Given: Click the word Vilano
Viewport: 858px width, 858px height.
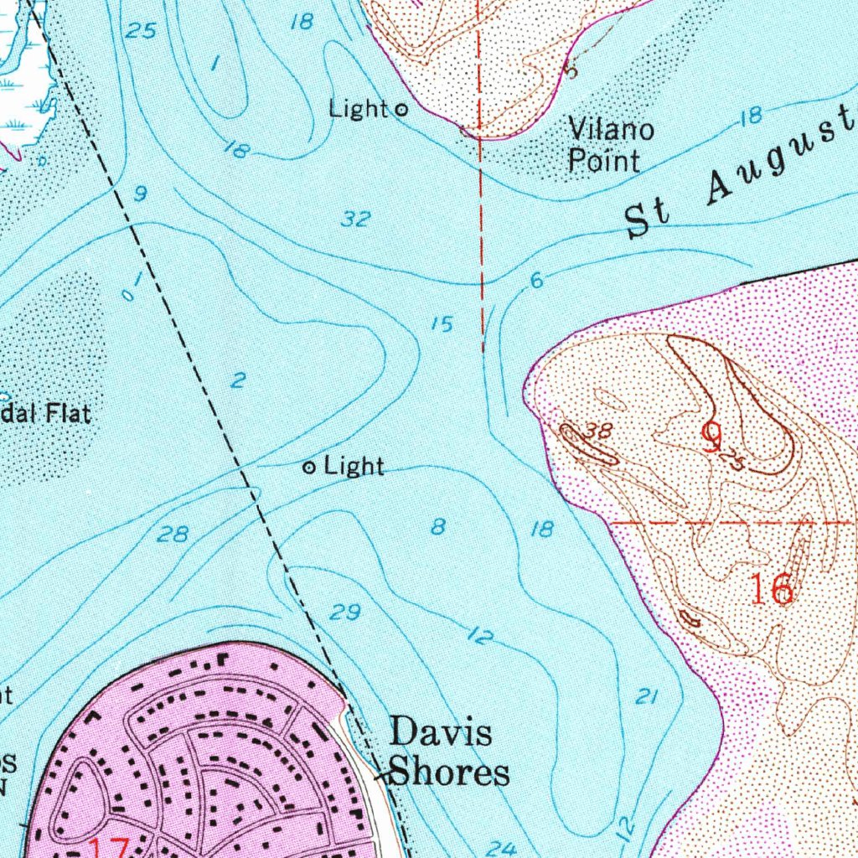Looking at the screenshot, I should [x=612, y=131].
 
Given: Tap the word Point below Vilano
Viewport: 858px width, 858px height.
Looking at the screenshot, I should [x=604, y=160].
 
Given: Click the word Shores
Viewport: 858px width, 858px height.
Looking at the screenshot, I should [x=450, y=772].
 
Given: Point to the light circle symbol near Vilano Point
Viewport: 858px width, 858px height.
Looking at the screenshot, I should [x=401, y=109].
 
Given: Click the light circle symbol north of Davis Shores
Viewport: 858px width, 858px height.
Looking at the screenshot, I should [x=309, y=468].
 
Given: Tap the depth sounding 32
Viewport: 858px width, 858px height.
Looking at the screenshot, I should [x=356, y=220].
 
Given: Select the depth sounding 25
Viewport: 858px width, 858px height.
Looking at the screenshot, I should [x=141, y=32].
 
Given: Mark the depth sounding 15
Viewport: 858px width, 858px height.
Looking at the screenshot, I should [x=442, y=324].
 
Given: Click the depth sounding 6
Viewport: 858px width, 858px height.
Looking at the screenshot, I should [x=537, y=282].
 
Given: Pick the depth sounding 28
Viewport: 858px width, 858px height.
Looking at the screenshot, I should [x=173, y=534].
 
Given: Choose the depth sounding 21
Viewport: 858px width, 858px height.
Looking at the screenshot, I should [x=645, y=696].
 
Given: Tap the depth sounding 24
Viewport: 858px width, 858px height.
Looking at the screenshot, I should [x=501, y=848].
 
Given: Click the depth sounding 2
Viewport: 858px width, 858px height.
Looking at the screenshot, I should [x=239, y=381].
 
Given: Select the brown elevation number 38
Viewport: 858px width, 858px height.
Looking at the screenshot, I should [x=600, y=431].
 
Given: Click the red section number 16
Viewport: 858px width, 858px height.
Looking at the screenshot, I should [x=771, y=590].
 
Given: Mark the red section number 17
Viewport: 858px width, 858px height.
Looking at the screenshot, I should [x=109, y=848].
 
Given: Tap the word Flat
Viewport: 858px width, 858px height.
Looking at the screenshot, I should [x=70, y=414].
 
